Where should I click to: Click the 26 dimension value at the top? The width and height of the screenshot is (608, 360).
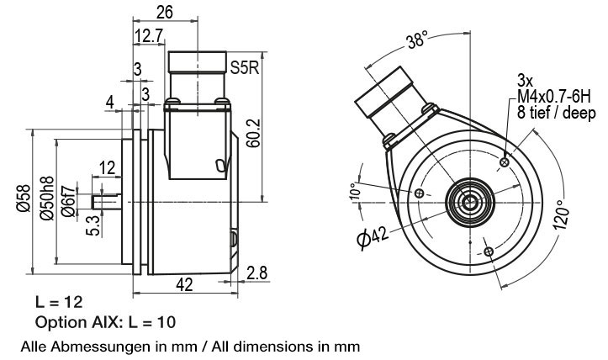coord(165,12)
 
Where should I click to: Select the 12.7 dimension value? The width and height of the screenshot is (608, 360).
coord(148,35)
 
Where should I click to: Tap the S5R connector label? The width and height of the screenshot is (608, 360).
coord(244,66)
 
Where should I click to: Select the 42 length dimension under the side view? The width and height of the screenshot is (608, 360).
coord(182,286)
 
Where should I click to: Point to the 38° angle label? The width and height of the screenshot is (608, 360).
coord(416,40)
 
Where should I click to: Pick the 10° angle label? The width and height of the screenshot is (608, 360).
coord(355,191)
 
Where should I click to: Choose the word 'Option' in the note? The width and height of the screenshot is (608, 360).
coord(58,322)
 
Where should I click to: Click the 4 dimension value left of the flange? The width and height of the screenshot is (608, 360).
coord(110,102)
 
